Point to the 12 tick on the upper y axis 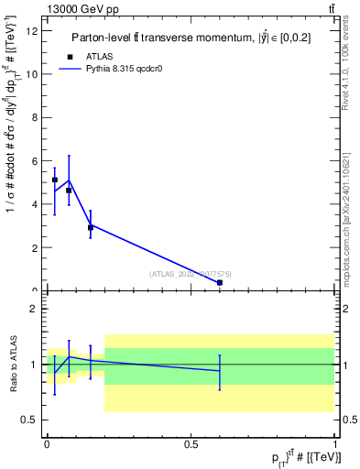pos(34,32)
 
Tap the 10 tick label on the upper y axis pos(34,75)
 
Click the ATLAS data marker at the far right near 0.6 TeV pos(220,283)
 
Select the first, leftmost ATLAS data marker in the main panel pos(55,180)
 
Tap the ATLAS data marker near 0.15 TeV pos(90,227)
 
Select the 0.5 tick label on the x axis pos(191,443)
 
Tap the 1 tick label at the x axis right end pos(335,443)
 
